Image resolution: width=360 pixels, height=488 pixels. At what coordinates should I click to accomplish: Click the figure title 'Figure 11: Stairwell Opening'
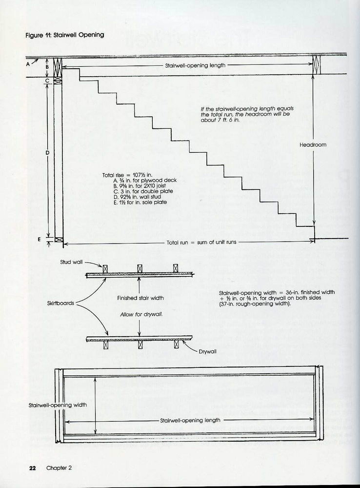[64, 35]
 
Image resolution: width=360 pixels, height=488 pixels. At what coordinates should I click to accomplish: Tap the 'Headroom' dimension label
[313, 145]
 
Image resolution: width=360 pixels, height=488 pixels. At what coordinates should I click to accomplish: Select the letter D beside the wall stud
[47, 153]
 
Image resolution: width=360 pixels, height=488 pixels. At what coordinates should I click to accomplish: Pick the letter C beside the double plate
[47, 80]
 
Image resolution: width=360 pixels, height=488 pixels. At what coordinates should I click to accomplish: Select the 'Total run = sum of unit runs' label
[201, 242]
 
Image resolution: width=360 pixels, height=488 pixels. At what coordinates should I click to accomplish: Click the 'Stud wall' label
[71, 262]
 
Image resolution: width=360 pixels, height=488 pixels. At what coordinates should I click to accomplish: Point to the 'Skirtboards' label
[60, 303]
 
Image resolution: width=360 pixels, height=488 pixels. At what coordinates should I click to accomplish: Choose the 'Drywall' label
[208, 351]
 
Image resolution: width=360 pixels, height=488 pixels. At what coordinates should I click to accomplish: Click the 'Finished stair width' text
[140, 298]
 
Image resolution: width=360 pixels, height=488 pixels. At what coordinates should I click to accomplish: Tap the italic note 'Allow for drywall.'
[141, 315]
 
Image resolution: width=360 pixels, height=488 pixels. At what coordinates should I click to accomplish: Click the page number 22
[32, 468]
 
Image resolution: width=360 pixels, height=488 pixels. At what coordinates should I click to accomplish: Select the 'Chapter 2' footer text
[59, 468]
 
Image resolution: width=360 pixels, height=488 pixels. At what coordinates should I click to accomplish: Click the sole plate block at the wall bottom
[59, 240]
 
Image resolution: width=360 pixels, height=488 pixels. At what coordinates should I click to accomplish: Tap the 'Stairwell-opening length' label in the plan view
[190, 420]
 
